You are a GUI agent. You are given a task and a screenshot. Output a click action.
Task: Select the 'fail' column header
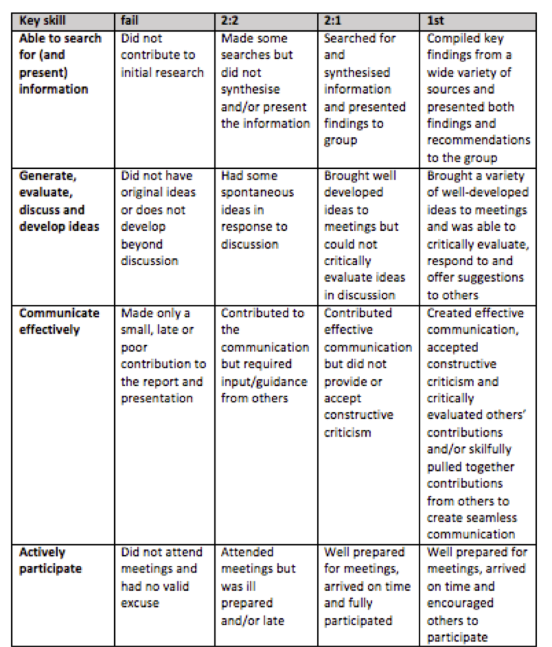point(130,21)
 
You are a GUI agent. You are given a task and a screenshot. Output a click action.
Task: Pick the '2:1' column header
point(332,21)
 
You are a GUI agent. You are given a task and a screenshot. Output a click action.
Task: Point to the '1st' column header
point(437,21)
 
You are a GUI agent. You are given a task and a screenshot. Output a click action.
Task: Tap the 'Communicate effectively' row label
point(59,321)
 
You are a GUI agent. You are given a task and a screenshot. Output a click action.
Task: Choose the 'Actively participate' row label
point(42,560)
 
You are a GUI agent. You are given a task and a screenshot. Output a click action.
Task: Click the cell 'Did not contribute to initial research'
point(162,55)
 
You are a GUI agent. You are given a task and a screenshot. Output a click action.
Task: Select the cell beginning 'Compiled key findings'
point(478,98)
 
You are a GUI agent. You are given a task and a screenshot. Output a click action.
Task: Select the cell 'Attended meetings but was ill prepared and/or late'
point(257,586)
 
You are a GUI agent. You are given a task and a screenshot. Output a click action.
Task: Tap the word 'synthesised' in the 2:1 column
point(357,73)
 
